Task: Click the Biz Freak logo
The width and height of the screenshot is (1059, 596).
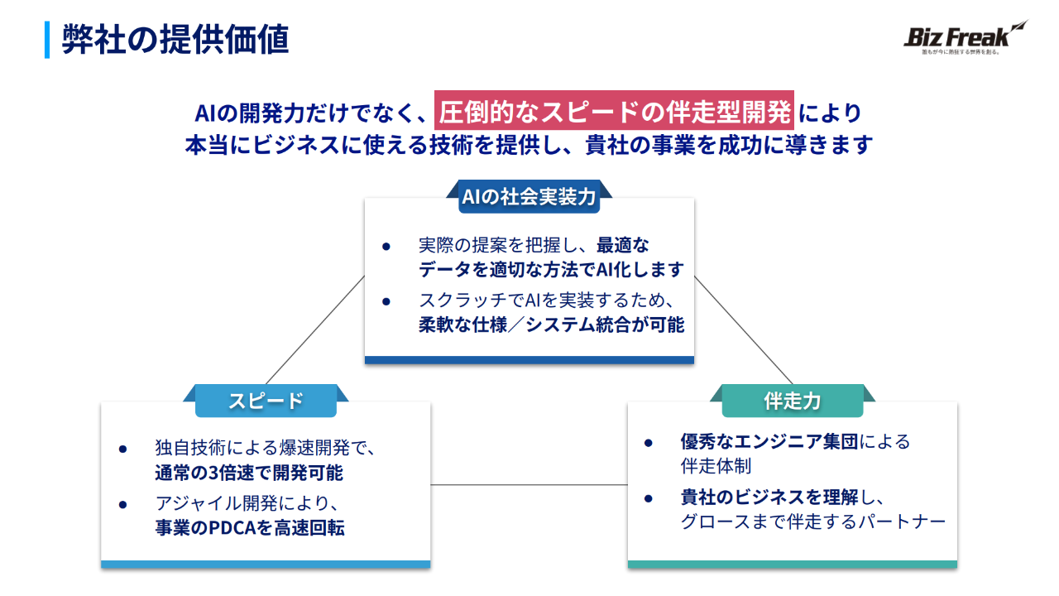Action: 965,38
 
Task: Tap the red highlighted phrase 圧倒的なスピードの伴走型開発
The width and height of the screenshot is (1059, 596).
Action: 614,111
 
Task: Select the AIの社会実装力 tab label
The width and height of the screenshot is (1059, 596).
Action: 529,196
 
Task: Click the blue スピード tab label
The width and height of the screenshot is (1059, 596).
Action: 266,401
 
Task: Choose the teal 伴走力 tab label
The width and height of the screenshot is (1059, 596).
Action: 792,401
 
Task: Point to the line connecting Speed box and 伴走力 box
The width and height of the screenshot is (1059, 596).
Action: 529,484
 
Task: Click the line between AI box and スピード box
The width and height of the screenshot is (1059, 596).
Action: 314,330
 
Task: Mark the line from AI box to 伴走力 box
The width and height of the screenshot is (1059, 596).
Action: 743,330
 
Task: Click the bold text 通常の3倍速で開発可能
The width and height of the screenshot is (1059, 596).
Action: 248,473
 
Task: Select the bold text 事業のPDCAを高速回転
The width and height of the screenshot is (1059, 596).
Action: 250,527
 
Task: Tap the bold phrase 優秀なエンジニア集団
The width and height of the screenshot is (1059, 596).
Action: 769,441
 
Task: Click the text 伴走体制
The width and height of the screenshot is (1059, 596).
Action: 716,467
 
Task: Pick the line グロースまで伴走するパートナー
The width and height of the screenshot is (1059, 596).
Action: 812,522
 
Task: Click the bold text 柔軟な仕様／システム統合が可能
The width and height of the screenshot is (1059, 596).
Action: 551,324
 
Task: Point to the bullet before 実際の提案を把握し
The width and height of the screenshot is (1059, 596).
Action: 386,247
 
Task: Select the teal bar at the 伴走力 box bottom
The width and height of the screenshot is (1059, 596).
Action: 792,565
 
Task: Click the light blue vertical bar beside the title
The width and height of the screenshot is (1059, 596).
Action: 47,40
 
